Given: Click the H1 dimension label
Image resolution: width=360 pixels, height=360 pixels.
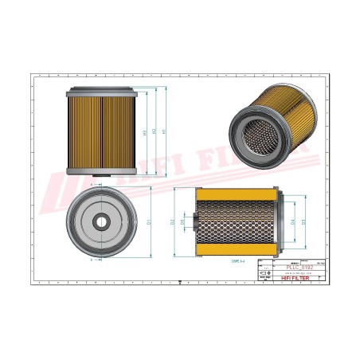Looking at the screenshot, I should pyautogui.click(x=164, y=131).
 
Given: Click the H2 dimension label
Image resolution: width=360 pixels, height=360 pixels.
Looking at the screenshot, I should pyautogui.click(x=153, y=131).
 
